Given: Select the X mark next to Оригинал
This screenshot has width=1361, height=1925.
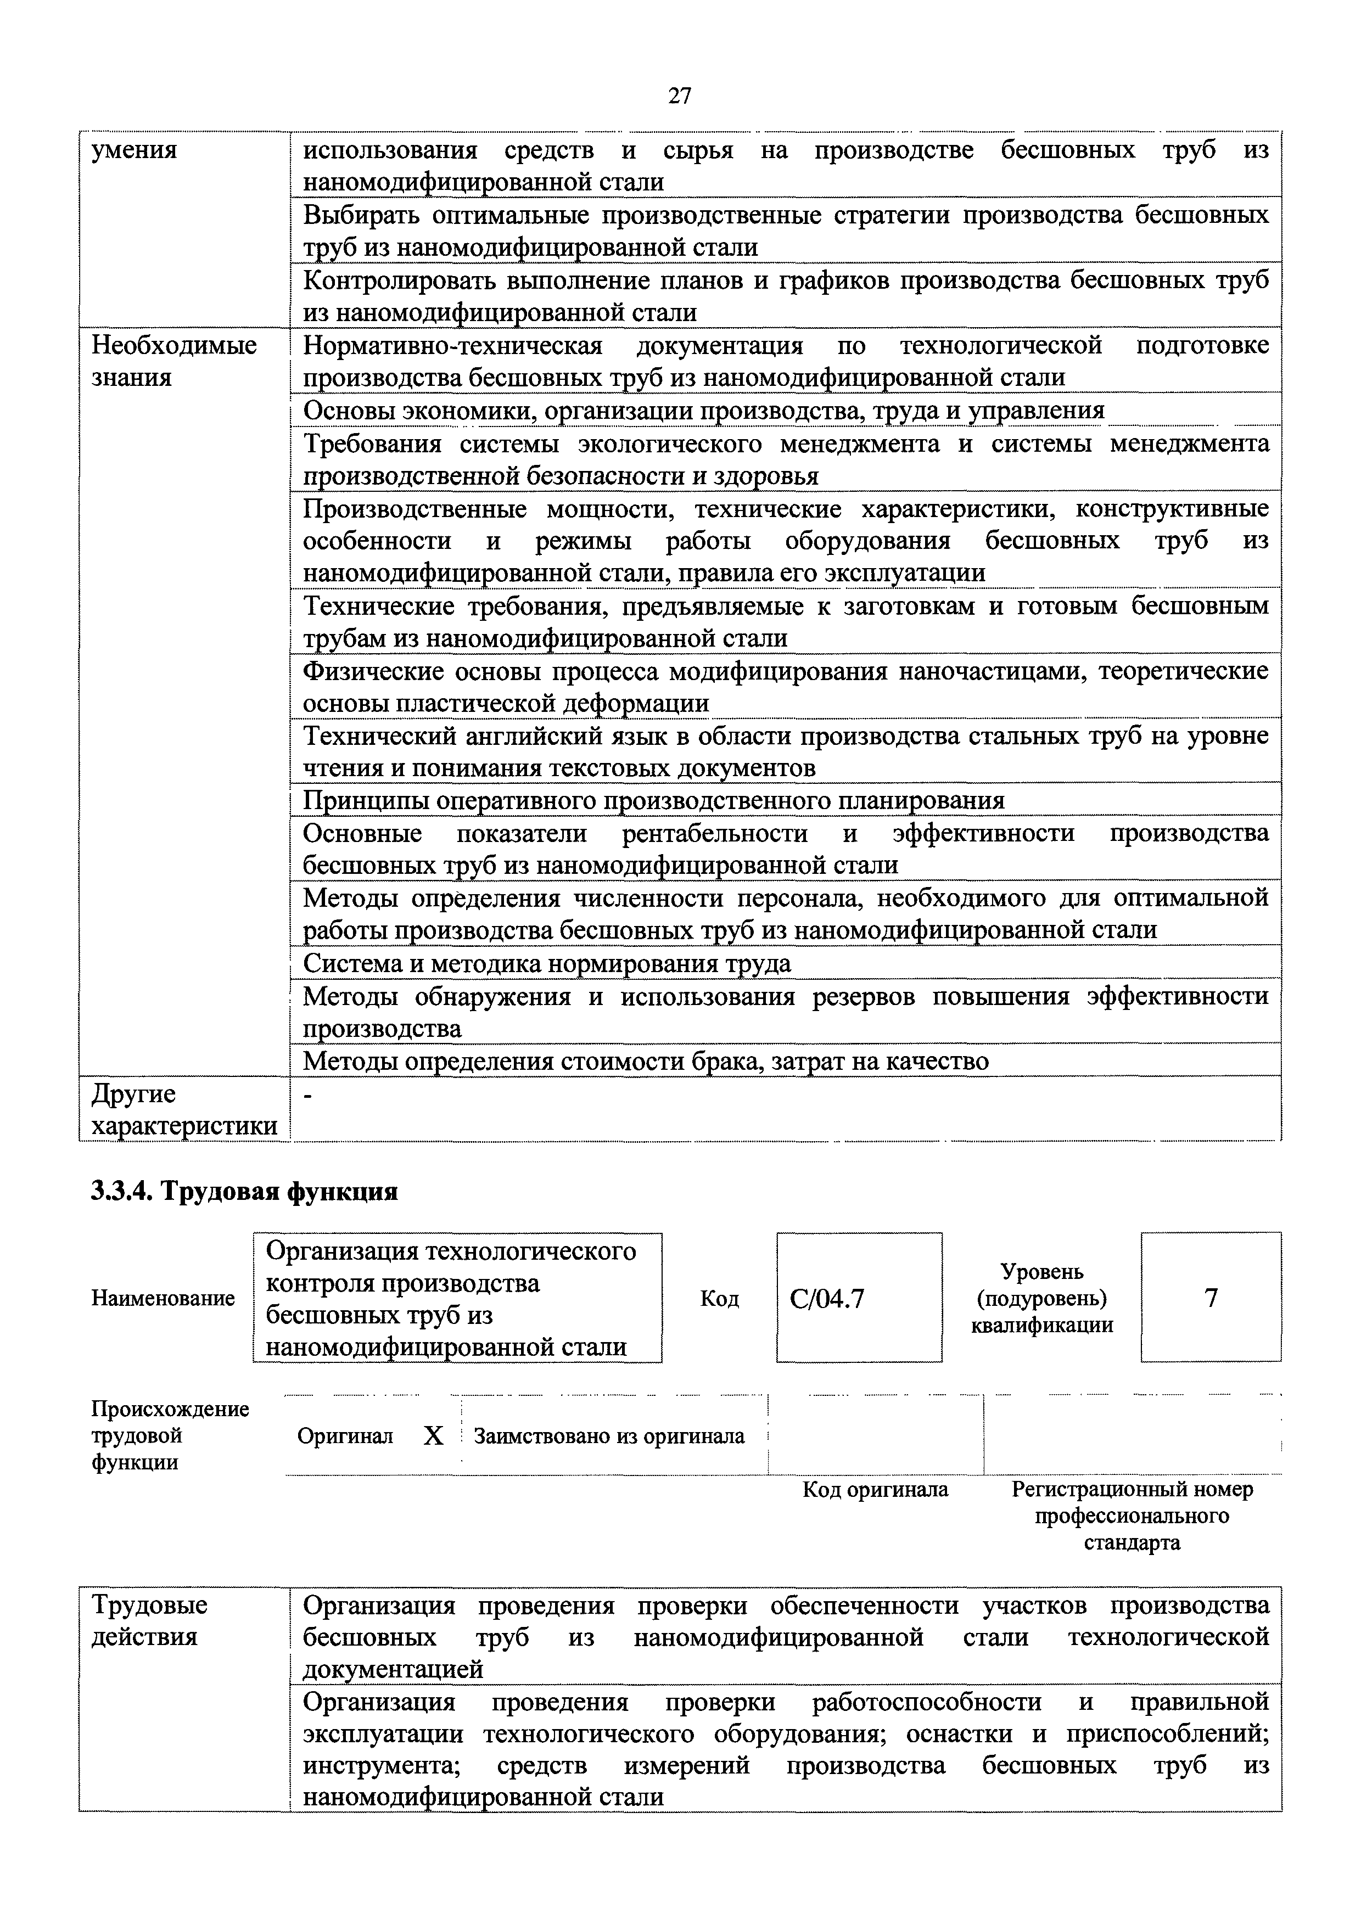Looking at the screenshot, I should pos(434,1436).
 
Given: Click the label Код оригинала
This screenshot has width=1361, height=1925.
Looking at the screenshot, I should pos(876,1489).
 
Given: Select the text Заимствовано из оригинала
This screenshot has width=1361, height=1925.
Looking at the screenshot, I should pos(609,1436).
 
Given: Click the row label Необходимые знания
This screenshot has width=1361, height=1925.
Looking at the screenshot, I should pos(173,361).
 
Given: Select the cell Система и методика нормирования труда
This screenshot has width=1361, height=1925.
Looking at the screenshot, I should pos(547,963).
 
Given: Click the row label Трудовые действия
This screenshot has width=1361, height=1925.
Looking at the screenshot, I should pos(149,1621).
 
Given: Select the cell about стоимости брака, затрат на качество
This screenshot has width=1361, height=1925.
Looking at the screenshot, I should pos(646,1062).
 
